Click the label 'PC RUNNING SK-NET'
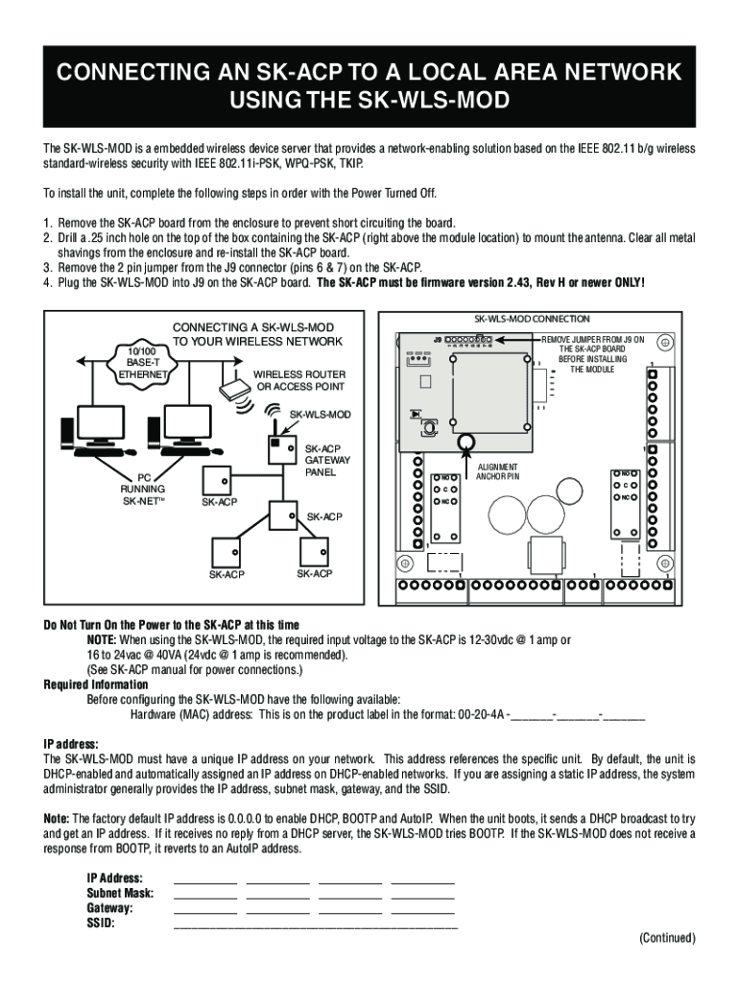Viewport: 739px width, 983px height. [146, 488]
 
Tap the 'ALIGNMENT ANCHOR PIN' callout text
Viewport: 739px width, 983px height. [498, 471]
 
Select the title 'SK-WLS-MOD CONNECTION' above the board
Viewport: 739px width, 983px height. [532, 319]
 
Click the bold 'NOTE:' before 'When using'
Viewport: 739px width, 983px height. [102, 639]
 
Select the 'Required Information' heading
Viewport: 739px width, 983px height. [96, 684]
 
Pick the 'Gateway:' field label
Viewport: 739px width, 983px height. [109, 908]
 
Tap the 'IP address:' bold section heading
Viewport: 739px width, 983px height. [71, 743]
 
